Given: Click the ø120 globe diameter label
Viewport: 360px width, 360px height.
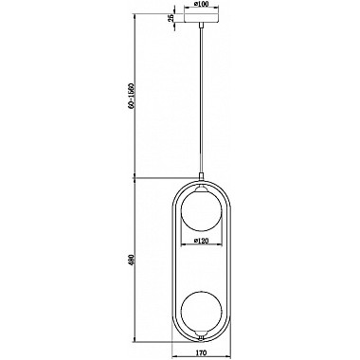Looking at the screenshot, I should [202, 243].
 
